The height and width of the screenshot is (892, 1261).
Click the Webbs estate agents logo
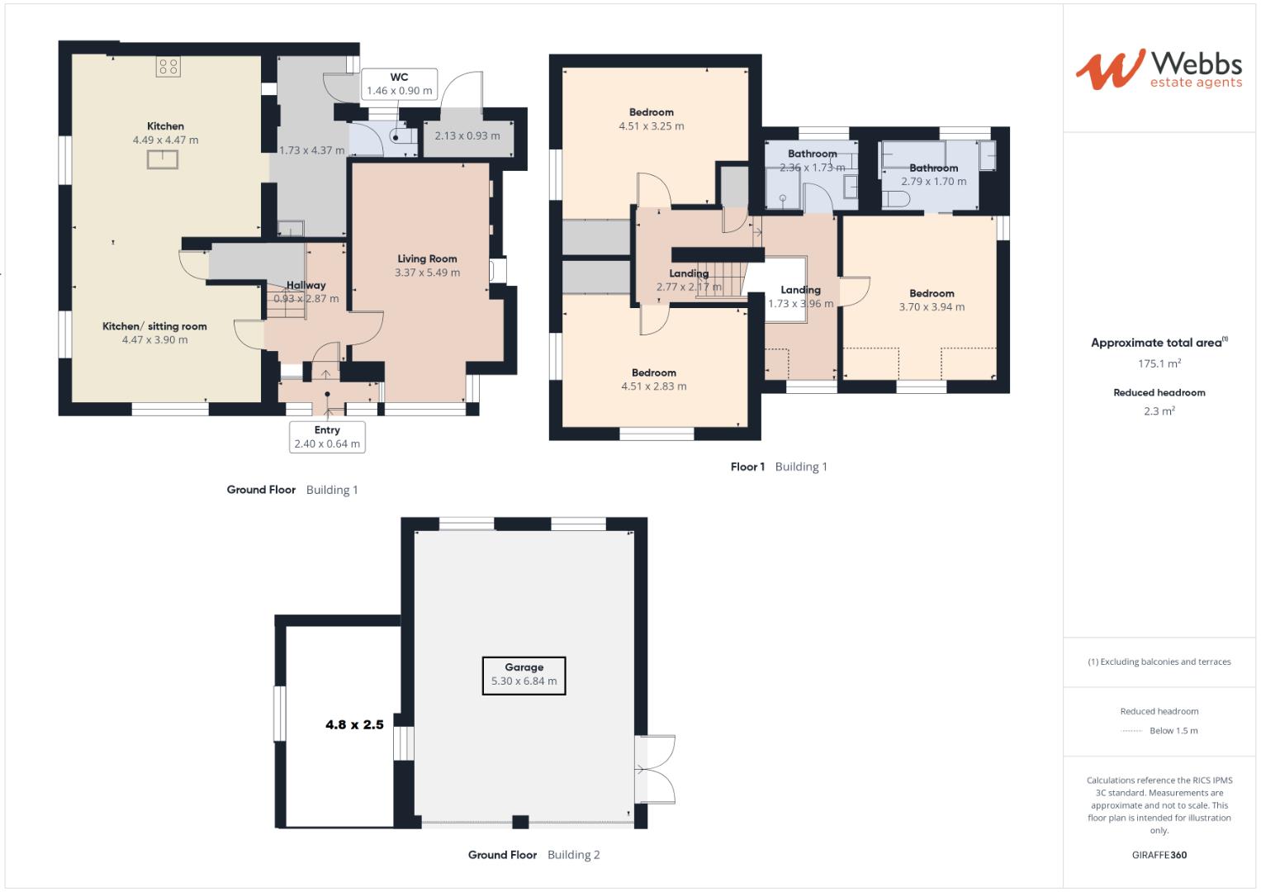[x=1159, y=69]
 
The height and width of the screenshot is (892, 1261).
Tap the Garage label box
[x=524, y=675]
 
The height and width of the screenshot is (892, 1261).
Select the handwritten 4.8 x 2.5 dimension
[x=354, y=724]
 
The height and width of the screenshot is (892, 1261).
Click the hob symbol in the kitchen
[x=168, y=67]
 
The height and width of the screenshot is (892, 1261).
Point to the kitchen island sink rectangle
[x=163, y=159]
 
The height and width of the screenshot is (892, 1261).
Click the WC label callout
[x=399, y=84]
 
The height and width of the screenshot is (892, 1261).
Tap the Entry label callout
[x=327, y=437]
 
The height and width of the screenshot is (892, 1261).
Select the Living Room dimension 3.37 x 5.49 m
[x=427, y=273]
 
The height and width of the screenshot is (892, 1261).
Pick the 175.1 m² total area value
[x=1159, y=363]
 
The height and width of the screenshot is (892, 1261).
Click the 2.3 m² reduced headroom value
[x=1159, y=411]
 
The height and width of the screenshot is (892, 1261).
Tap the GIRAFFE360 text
[x=1159, y=855]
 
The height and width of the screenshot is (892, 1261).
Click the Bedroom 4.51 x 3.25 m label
[x=651, y=119]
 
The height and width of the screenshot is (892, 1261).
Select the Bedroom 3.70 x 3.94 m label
[x=932, y=300]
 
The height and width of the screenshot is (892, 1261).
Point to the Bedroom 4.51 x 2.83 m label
[x=653, y=379]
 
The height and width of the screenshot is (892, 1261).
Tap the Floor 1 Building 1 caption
[x=778, y=467]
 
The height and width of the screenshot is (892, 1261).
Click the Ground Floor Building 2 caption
[x=533, y=855]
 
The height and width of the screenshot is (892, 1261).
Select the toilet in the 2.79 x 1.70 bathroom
[x=896, y=199]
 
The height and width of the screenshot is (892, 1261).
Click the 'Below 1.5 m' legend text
[x=1173, y=731]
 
